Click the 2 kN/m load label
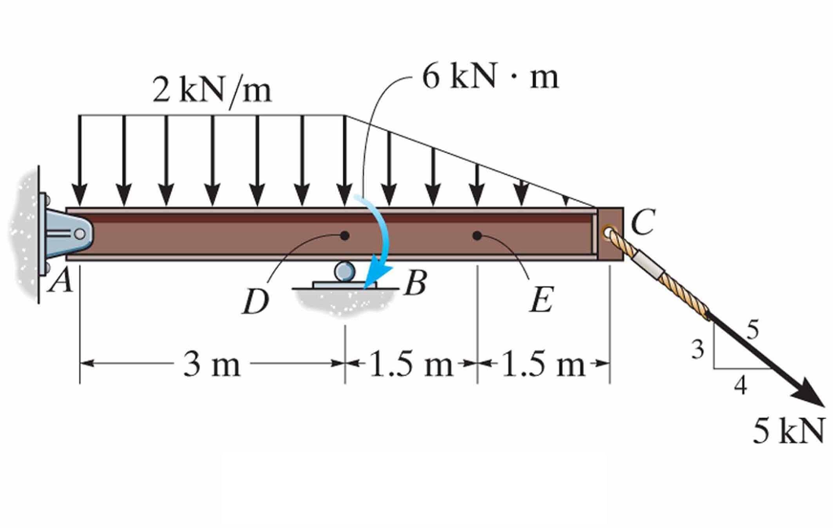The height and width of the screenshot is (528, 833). [x=212, y=89]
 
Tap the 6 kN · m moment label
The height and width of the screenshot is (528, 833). [x=491, y=78]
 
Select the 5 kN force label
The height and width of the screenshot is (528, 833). [x=787, y=431]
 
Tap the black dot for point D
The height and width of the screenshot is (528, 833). [x=345, y=236]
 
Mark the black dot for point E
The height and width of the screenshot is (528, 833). [x=478, y=236]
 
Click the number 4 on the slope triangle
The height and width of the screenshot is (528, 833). [x=739, y=386]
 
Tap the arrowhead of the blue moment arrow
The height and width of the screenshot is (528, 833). [x=374, y=281]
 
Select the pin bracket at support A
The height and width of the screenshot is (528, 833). [x=68, y=233]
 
